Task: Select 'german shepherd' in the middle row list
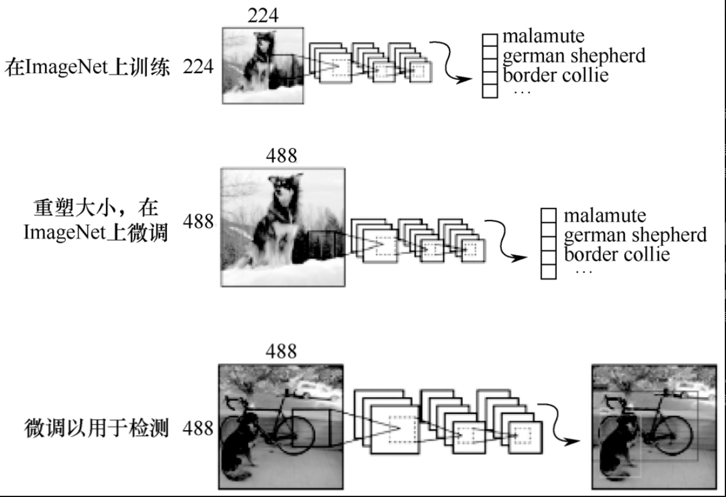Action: pyautogui.click(x=635, y=234)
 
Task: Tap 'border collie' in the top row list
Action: pyautogui.click(x=555, y=76)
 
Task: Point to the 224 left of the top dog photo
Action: pyautogui.click(x=199, y=68)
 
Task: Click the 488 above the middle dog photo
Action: pyautogui.click(x=282, y=156)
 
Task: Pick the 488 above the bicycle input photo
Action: pyautogui.click(x=282, y=351)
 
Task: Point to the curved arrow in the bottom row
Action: pyautogui.click(x=561, y=426)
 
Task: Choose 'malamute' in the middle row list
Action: pyautogui.click(x=604, y=216)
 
